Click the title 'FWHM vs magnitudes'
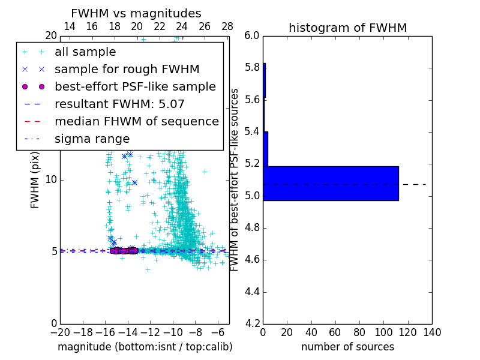click(x=136, y=13)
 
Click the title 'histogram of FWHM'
click(x=347, y=28)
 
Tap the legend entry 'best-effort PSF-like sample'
click(x=135, y=87)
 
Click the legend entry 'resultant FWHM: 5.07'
click(x=119, y=104)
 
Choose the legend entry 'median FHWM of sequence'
click(x=136, y=122)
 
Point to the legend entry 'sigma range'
click(x=92, y=139)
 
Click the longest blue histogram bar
click(x=331, y=183)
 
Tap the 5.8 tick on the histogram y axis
click(x=253, y=68)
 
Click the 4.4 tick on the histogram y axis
click(x=253, y=292)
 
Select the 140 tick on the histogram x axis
click(x=432, y=332)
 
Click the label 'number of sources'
click(x=347, y=347)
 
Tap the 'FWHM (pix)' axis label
click(x=35, y=179)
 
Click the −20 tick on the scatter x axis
click(x=60, y=332)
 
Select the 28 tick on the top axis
click(x=227, y=26)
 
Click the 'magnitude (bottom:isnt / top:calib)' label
click(x=145, y=347)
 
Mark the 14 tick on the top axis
click(x=69, y=26)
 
